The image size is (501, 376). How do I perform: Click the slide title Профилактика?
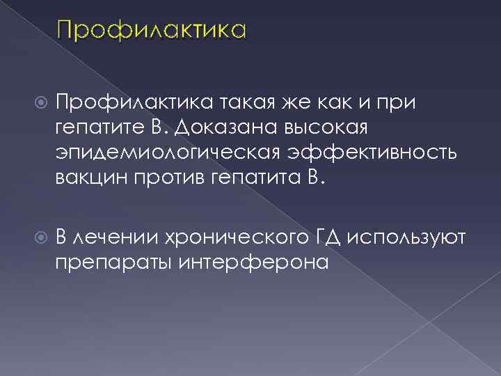tap(152, 31)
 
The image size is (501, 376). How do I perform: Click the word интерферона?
tap(255, 263)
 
